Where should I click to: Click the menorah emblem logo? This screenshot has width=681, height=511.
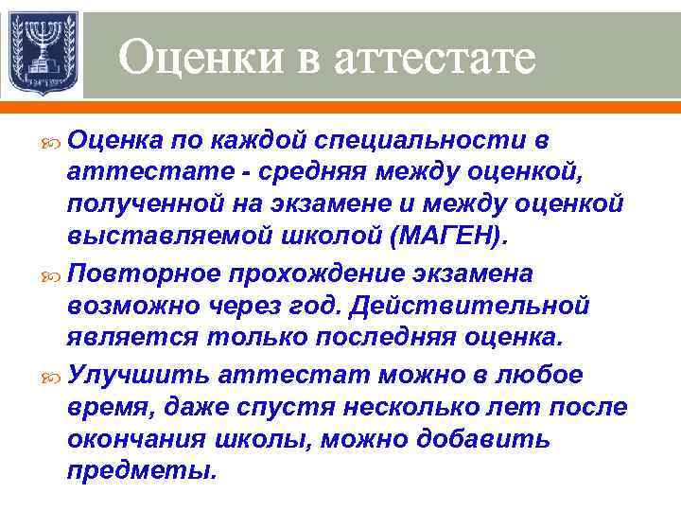[43, 53]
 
